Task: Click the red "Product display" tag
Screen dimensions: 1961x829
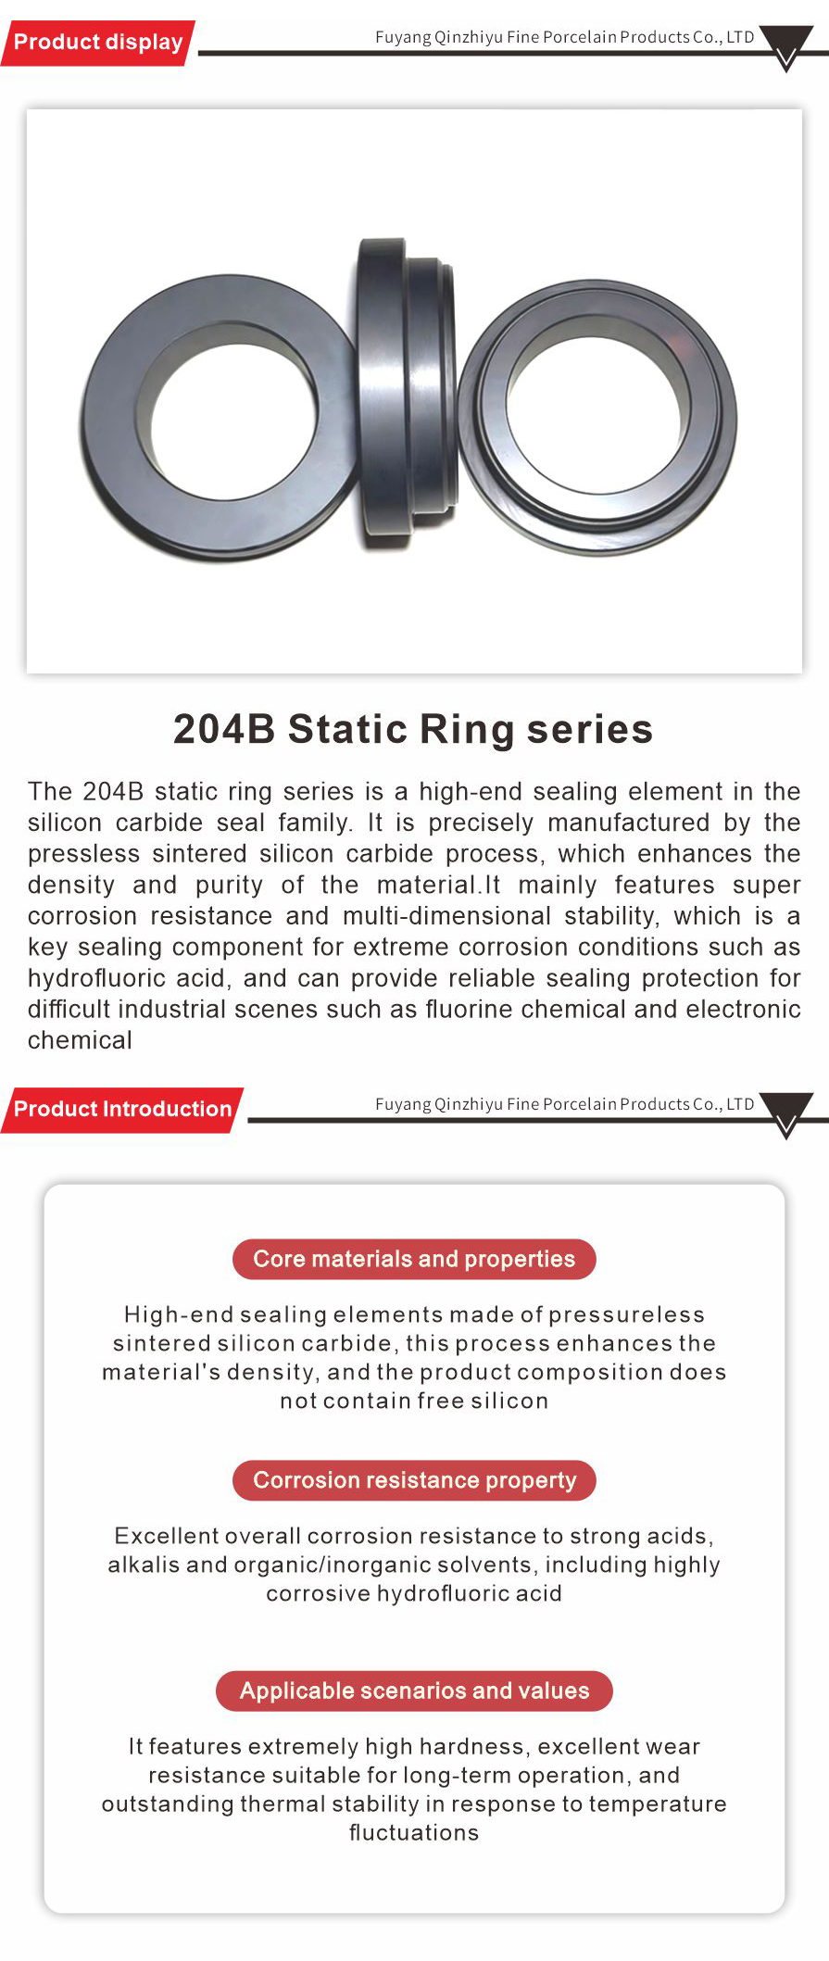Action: pyautogui.click(x=98, y=43)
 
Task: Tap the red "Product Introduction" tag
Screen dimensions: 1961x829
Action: pyautogui.click(x=122, y=1109)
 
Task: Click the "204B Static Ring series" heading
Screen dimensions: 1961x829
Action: pyautogui.click(x=413, y=729)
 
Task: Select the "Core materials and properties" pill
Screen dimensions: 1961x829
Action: pyautogui.click(x=414, y=1259)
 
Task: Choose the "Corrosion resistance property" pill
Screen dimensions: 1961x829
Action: pyautogui.click(x=414, y=1480)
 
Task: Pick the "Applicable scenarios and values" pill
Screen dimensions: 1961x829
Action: pyautogui.click(x=414, y=1691)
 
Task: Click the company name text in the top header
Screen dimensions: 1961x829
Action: pyautogui.click(x=564, y=37)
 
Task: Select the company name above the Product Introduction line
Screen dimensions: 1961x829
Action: pyautogui.click(x=564, y=1103)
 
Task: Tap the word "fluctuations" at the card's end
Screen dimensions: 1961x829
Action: pyautogui.click(x=414, y=1832)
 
